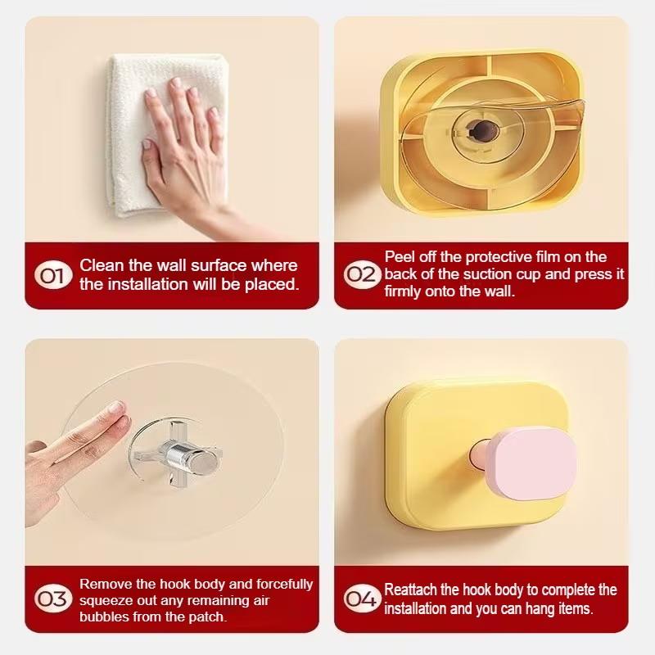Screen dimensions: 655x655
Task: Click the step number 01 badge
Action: (x=53, y=275)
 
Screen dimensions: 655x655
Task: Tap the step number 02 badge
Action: (x=362, y=274)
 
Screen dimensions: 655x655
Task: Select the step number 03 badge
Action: (x=53, y=599)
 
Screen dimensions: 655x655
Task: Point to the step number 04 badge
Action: (x=362, y=599)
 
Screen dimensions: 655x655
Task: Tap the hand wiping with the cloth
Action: (x=188, y=159)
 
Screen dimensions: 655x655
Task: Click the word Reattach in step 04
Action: (x=410, y=589)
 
